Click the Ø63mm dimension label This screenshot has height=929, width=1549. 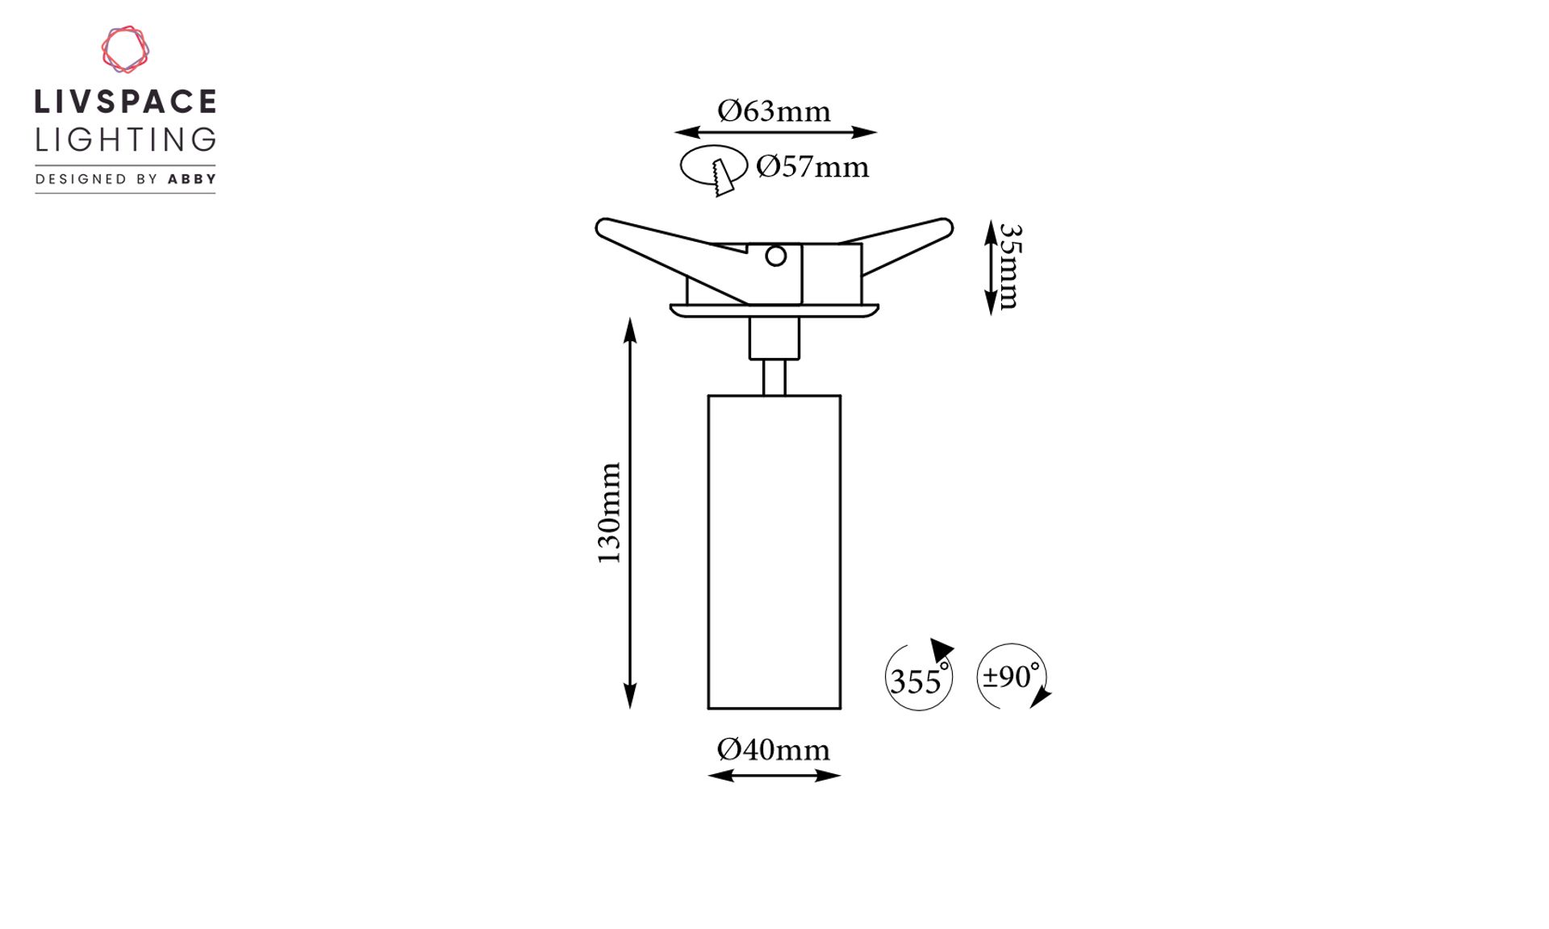tap(774, 110)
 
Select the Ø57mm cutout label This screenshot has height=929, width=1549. tap(812, 166)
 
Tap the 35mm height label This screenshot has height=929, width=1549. tap(1009, 267)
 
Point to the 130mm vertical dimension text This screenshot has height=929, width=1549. tap(609, 513)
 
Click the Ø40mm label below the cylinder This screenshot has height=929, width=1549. tap(773, 749)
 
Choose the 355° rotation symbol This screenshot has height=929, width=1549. tap(919, 675)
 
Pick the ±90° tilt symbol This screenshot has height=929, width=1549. tap(1013, 676)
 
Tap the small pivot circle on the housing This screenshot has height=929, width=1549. tap(776, 256)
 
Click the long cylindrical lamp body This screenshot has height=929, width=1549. tap(774, 552)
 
